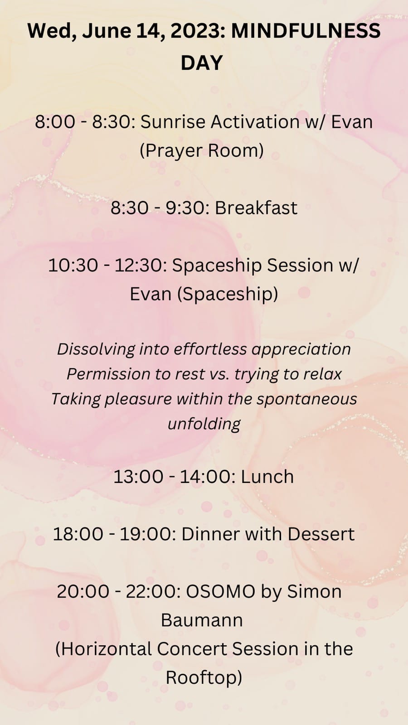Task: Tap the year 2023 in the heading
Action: pos(197,31)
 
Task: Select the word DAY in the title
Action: pos(201,63)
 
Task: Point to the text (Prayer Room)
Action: pos(202,151)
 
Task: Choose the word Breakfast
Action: pos(256,208)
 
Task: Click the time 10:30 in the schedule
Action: pos(73,266)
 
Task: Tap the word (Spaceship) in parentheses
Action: pos(228,294)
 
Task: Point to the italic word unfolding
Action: pos(204,424)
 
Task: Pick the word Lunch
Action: pos(267,477)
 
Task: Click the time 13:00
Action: pos(138,477)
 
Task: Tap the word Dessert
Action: pos(321,534)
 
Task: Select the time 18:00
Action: pos(78,534)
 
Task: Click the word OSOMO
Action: pos(220,592)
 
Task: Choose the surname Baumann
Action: pos(202,620)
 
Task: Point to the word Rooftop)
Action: pos(204,678)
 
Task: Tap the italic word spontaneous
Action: pos(307,399)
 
